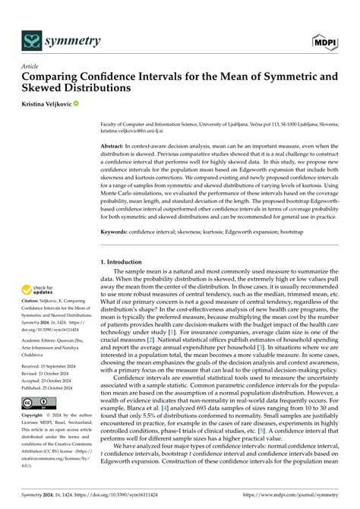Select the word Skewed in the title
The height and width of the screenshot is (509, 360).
click(x=51, y=88)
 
